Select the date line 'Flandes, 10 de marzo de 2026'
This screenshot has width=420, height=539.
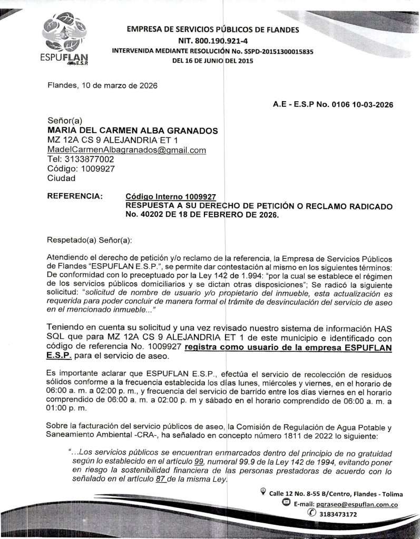coord(102,85)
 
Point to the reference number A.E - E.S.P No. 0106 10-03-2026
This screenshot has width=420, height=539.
coord(333,105)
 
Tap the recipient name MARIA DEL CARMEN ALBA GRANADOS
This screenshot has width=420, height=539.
coord(132,131)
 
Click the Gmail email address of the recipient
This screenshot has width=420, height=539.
coord(126,150)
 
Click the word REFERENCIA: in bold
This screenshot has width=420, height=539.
coord(75,196)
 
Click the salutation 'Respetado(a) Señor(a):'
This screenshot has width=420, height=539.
coord(89,240)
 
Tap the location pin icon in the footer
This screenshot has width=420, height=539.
coord(263,492)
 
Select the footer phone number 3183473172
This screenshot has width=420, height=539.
coord(335,514)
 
